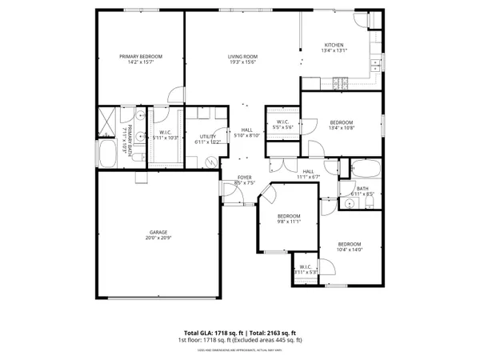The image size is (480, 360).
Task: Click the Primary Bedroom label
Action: click(x=141, y=56)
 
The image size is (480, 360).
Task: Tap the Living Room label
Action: click(x=241, y=56)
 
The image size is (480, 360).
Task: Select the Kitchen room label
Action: click(x=334, y=44)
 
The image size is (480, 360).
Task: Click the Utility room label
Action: click(x=208, y=137)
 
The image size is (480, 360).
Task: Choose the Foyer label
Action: click(x=243, y=178)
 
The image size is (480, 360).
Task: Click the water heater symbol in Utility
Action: click(x=211, y=161)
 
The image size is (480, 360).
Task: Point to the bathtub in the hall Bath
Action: click(x=366, y=169)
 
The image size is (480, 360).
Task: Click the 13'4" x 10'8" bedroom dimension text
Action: click(x=341, y=127)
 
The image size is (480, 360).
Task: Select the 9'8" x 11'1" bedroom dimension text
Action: click(x=289, y=222)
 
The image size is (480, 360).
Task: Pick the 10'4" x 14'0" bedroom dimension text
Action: click(x=349, y=250)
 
